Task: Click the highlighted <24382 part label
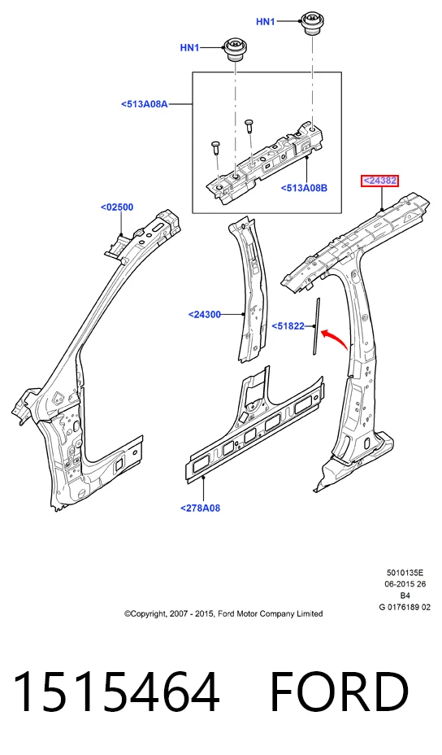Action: [x=380, y=181]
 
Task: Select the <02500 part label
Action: [x=117, y=207]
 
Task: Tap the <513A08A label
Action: [x=145, y=103]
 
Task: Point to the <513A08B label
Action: [x=304, y=188]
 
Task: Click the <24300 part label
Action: [x=205, y=314]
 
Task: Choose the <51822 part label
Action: [x=288, y=326]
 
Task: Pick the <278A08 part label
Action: [x=200, y=508]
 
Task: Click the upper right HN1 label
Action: [x=266, y=22]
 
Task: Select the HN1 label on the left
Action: [x=189, y=48]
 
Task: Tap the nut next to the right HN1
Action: [x=310, y=24]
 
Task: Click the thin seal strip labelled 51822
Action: [x=317, y=327]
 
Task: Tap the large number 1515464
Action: [x=116, y=692]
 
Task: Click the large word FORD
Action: [x=340, y=692]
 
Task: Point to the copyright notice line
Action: [x=223, y=613]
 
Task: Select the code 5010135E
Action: [x=405, y=573]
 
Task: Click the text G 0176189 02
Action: [x=405, y=607]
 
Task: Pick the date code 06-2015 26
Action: [x=405, y=584]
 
